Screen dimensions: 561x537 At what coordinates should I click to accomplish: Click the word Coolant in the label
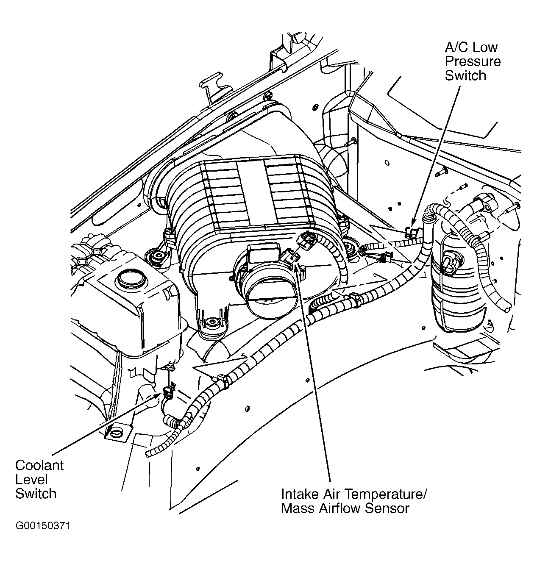coord(39,465)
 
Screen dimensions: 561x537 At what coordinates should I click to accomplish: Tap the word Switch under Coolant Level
coord(36,494)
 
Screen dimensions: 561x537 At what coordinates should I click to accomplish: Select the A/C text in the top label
coord(456,47)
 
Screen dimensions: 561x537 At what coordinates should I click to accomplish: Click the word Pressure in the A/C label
coord(473,61)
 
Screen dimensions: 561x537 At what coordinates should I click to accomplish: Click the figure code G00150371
coord(42,526)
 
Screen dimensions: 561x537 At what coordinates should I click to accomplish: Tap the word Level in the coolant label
coord(31,480)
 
